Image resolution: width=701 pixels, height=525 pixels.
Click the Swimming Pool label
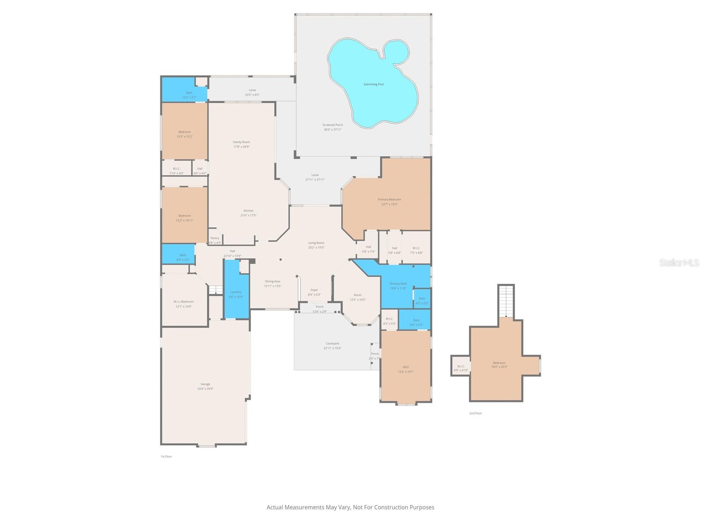point(373,84)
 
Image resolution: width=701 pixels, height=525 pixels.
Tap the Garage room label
point(205,384)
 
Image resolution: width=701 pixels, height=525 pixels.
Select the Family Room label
point(241,142)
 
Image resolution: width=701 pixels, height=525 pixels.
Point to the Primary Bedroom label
point(389,199)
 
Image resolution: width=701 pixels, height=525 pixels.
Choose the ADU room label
point(406,367)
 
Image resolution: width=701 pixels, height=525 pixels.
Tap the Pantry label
point(215,238)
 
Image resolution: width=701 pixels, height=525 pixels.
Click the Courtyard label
point(332,343)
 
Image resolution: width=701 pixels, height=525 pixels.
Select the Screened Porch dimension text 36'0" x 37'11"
point(333,129)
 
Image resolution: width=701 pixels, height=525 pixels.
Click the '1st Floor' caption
point(166,456)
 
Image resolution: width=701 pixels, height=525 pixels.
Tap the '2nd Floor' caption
point(475,413)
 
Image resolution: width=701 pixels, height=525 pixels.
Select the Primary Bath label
point(398,283)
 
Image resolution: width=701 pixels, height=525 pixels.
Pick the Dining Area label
point(273,281)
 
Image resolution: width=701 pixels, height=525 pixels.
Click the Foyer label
point(314,290)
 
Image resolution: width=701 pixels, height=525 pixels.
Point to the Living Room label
point(316,243)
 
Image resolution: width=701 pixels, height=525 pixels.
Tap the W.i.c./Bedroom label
point(183,301)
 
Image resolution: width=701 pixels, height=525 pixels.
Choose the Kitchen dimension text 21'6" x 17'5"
point(248,215)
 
